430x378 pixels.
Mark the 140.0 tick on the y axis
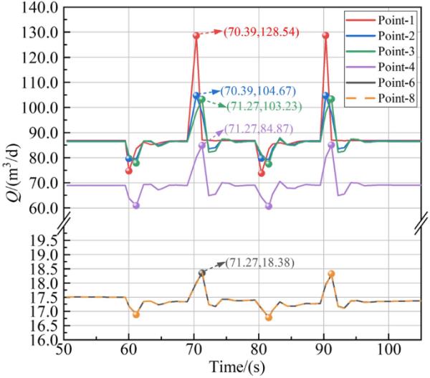[39, 8]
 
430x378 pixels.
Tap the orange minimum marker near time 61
[135, 314]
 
